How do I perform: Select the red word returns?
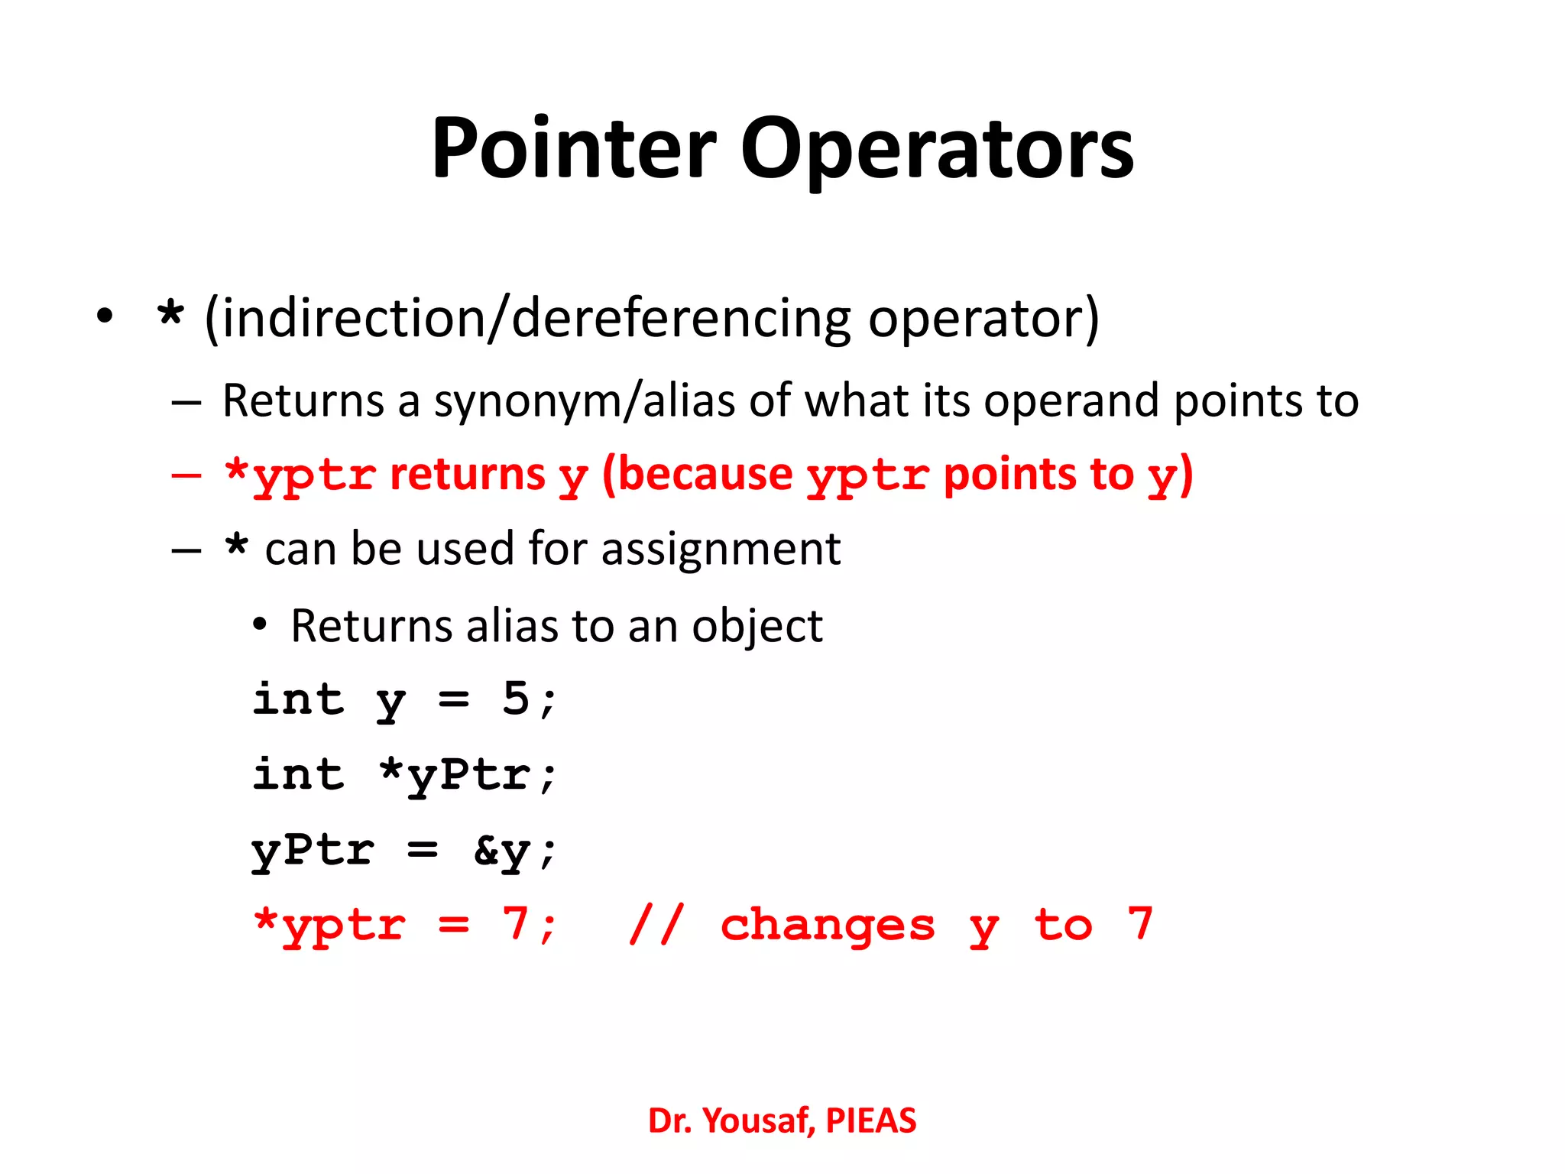point(468,475)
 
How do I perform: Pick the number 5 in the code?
point(516,699)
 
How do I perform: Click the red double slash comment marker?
point(656,925)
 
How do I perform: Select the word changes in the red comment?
point(828,926)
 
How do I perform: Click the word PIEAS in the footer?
point(870,1121)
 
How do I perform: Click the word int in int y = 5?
point(299,699)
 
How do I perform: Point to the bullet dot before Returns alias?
point(260,626)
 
